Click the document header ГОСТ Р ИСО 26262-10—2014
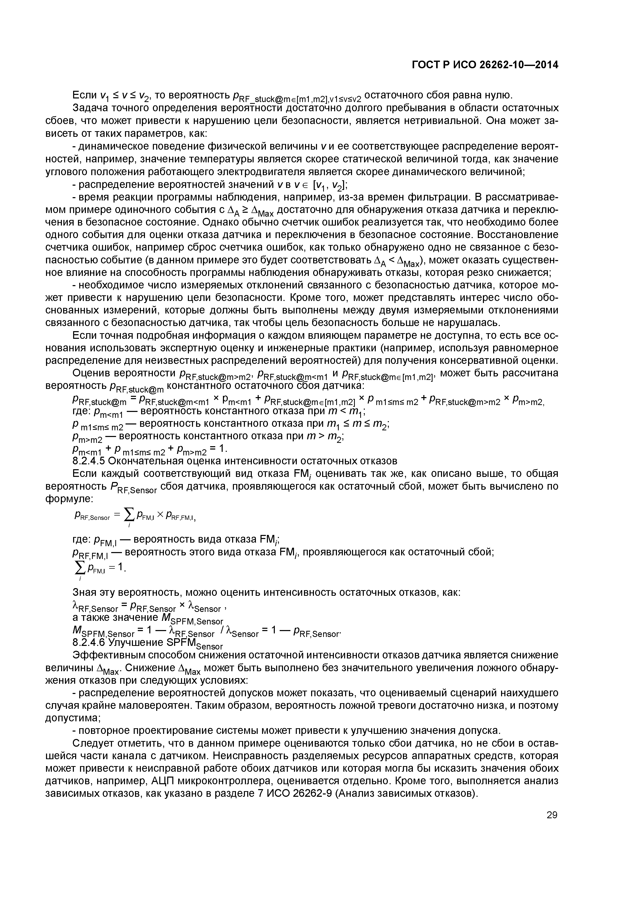(485, 65)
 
